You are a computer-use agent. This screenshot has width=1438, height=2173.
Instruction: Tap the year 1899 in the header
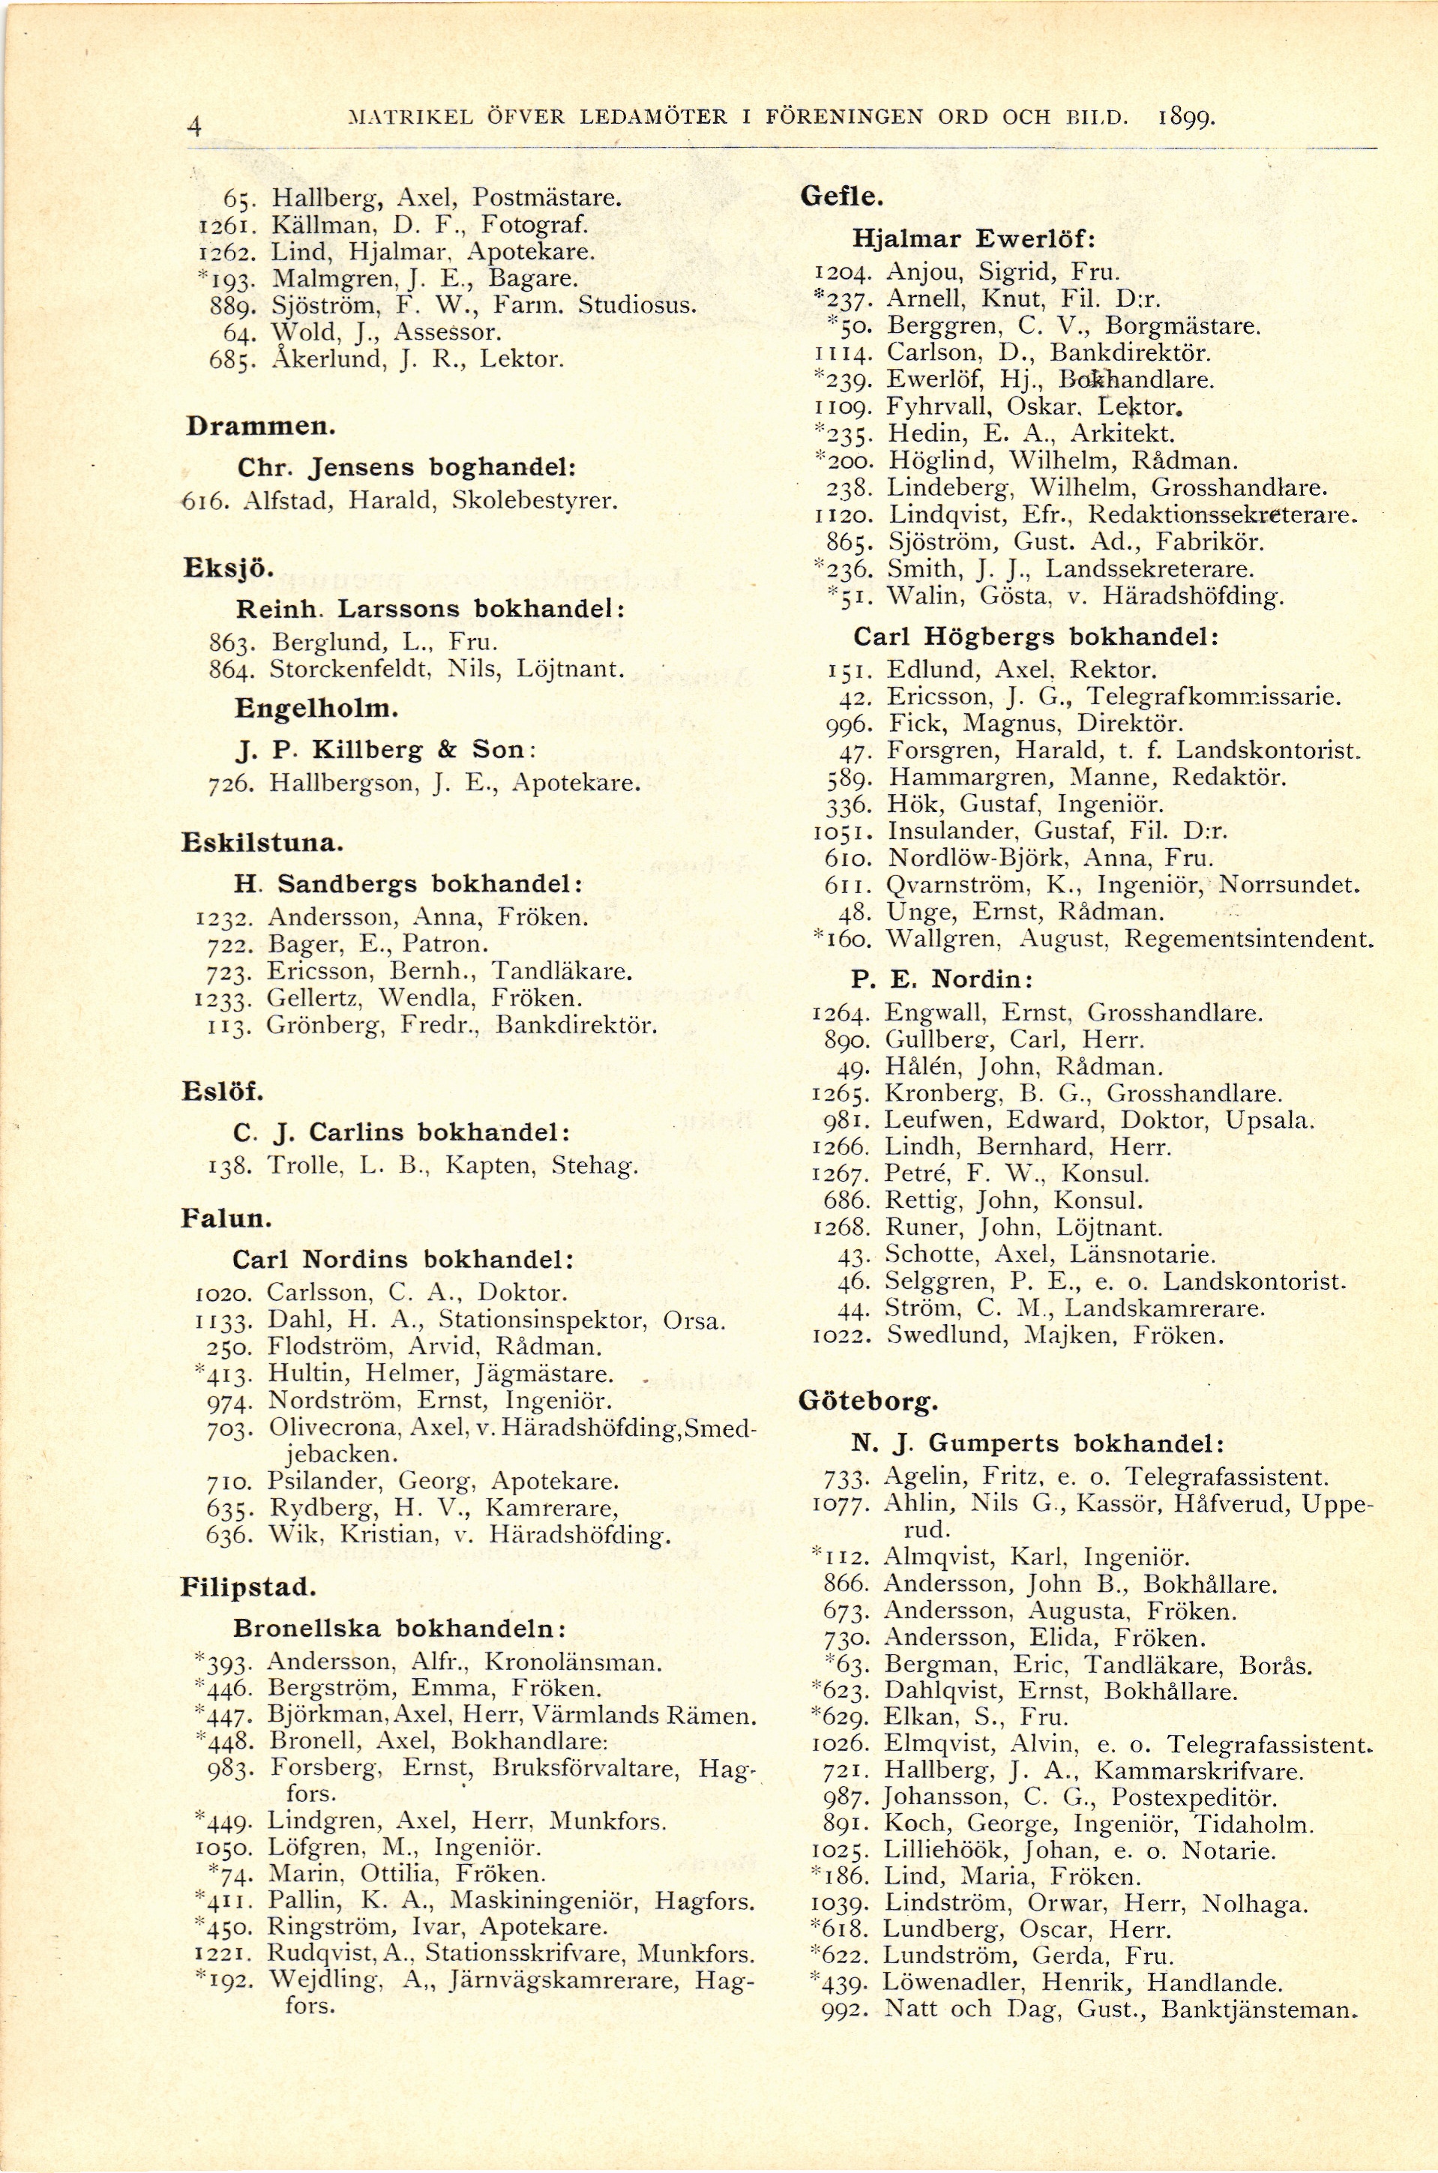click(1187, 118)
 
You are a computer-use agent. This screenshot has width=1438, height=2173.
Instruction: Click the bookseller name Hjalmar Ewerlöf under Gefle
click(975, 239)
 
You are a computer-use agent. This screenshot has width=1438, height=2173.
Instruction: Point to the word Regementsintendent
click(1248, 940)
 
